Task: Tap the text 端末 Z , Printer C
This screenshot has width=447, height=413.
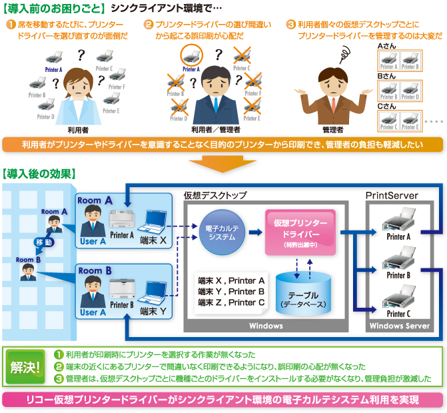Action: tap(231, 302)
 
